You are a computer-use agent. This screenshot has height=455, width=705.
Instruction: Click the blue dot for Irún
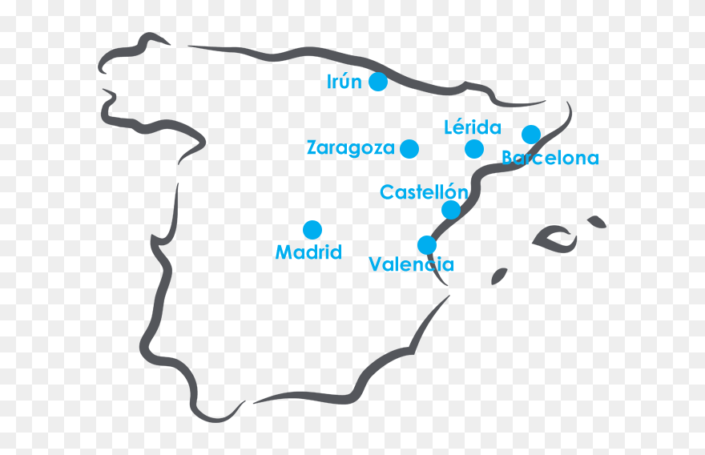click(378, 82)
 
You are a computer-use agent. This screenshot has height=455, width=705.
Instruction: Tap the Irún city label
click(344, 82)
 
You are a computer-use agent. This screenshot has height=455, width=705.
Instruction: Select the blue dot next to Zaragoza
click(409, 148)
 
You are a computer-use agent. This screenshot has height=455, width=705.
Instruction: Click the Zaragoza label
click(351, 148)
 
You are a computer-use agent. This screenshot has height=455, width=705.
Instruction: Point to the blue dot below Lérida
click(474, 148)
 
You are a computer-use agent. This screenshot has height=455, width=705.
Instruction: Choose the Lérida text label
click(473, 127)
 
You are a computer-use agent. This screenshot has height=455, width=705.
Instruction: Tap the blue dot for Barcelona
click(531, 134)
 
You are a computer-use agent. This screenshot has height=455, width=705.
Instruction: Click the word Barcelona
click(550, 159)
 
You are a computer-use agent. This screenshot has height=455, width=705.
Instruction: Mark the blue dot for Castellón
click(451, 210)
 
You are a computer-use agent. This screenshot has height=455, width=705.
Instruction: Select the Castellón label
click(424, 192)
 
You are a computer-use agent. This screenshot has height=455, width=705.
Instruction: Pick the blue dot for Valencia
click(427, 244)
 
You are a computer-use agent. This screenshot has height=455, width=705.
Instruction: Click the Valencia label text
click(411, 264)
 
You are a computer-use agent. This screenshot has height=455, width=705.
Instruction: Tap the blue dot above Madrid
click(312, 230)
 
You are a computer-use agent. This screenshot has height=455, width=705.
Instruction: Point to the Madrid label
click(308, 252)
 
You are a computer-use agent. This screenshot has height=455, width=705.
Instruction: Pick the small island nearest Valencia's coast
click(499, 276)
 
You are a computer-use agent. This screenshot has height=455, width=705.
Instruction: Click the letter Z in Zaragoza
click(313, 148)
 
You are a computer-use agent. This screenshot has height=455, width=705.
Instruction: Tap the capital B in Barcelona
click(508, 159)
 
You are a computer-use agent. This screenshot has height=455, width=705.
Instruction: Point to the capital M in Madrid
click(283, 252)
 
